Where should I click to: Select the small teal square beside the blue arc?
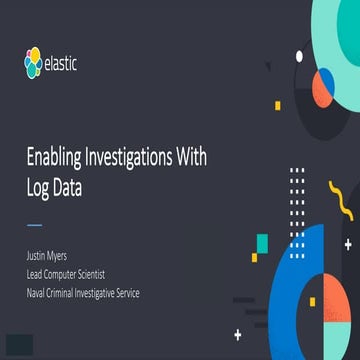coord(262,243)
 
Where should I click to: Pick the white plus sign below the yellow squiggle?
coord(348,243)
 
